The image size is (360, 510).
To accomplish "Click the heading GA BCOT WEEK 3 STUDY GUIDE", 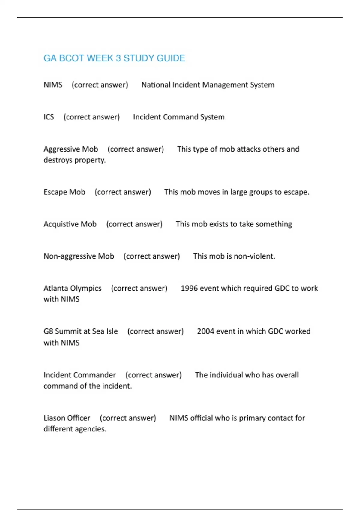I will tap(114, 58).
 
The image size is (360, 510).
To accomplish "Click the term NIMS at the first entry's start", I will tap(53, 85).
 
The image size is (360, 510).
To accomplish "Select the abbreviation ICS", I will tap(49, 117).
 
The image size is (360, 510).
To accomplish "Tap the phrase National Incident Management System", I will tap(208, 85).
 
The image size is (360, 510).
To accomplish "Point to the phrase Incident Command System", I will tap(179, 117).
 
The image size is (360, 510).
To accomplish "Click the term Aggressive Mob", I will tap(71, 149).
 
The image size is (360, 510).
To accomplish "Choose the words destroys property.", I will tap(74, 160).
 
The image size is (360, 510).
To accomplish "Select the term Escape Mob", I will tap(64, 192).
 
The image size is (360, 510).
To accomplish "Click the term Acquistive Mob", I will tap(70, 224).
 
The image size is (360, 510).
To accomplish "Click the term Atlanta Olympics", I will tap(72, 288).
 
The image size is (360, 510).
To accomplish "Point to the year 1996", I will tap(189, 288).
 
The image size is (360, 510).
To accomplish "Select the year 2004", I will tap(205, 331).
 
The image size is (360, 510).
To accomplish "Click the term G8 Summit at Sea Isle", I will tap(81, 331).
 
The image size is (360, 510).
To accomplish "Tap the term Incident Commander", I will tap(79, 375).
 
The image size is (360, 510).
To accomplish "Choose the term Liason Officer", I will tap(67, 418).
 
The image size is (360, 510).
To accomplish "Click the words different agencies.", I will tap(75, 429).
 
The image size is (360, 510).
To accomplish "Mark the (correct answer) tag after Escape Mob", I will tap(123, 192).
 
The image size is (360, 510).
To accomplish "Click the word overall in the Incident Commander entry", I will tap(287, 375).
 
